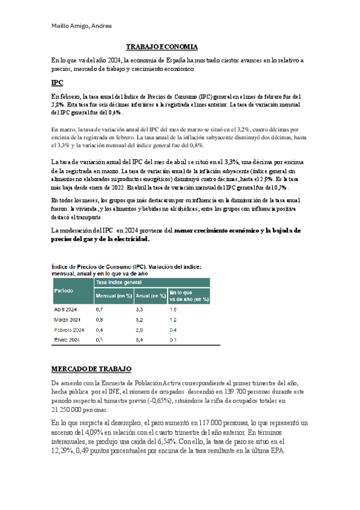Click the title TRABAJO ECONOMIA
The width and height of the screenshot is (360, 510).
pos(162,47)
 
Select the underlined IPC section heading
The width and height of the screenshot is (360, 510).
pos(57,83)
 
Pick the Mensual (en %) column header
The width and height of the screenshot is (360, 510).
pos(113,295)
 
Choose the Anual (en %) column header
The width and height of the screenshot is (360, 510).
pos(150,295)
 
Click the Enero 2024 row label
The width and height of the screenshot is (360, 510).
pos(67,340)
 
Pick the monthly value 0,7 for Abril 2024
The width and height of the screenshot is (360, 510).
pos(100,309)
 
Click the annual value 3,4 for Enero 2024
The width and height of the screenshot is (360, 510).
pos(139,340)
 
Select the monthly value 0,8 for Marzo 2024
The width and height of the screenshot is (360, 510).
pos(100,319)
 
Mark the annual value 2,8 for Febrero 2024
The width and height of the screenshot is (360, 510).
pos(139,330)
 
